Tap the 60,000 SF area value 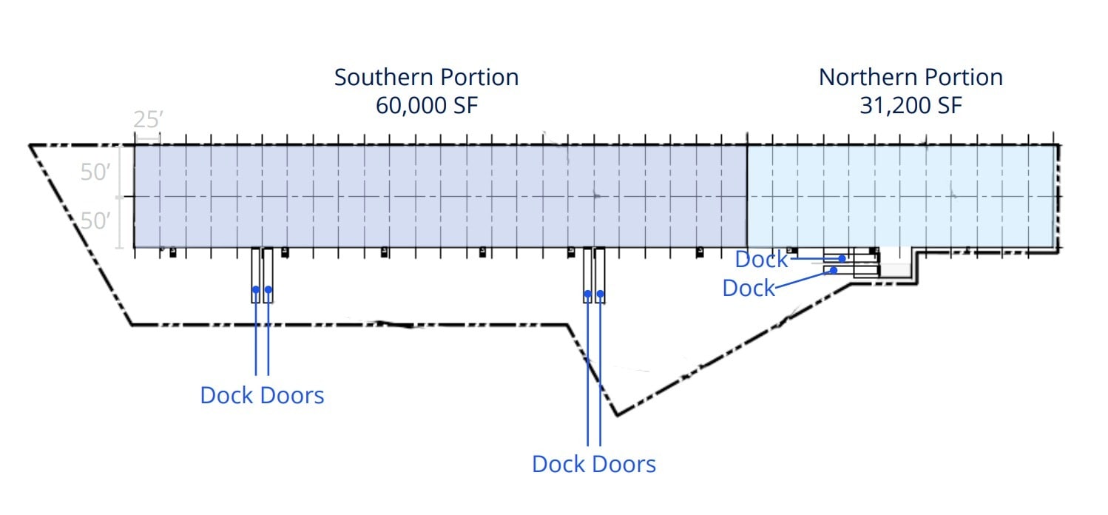coord(427,105)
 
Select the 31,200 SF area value coord(911,105)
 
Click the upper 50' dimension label coord(96,172)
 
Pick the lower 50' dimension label coord(96,221)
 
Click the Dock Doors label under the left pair coord(262,395)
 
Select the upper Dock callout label coord(761,260)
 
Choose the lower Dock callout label coord(748,288)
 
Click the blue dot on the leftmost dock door coord(255,289)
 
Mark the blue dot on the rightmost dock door coord(600,294)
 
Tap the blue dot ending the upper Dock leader coord(842,258)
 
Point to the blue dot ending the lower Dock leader coord(834,270)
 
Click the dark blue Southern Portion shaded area coord(440,196)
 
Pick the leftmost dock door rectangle coord(255,275)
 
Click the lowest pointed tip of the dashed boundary coord(617,415)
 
